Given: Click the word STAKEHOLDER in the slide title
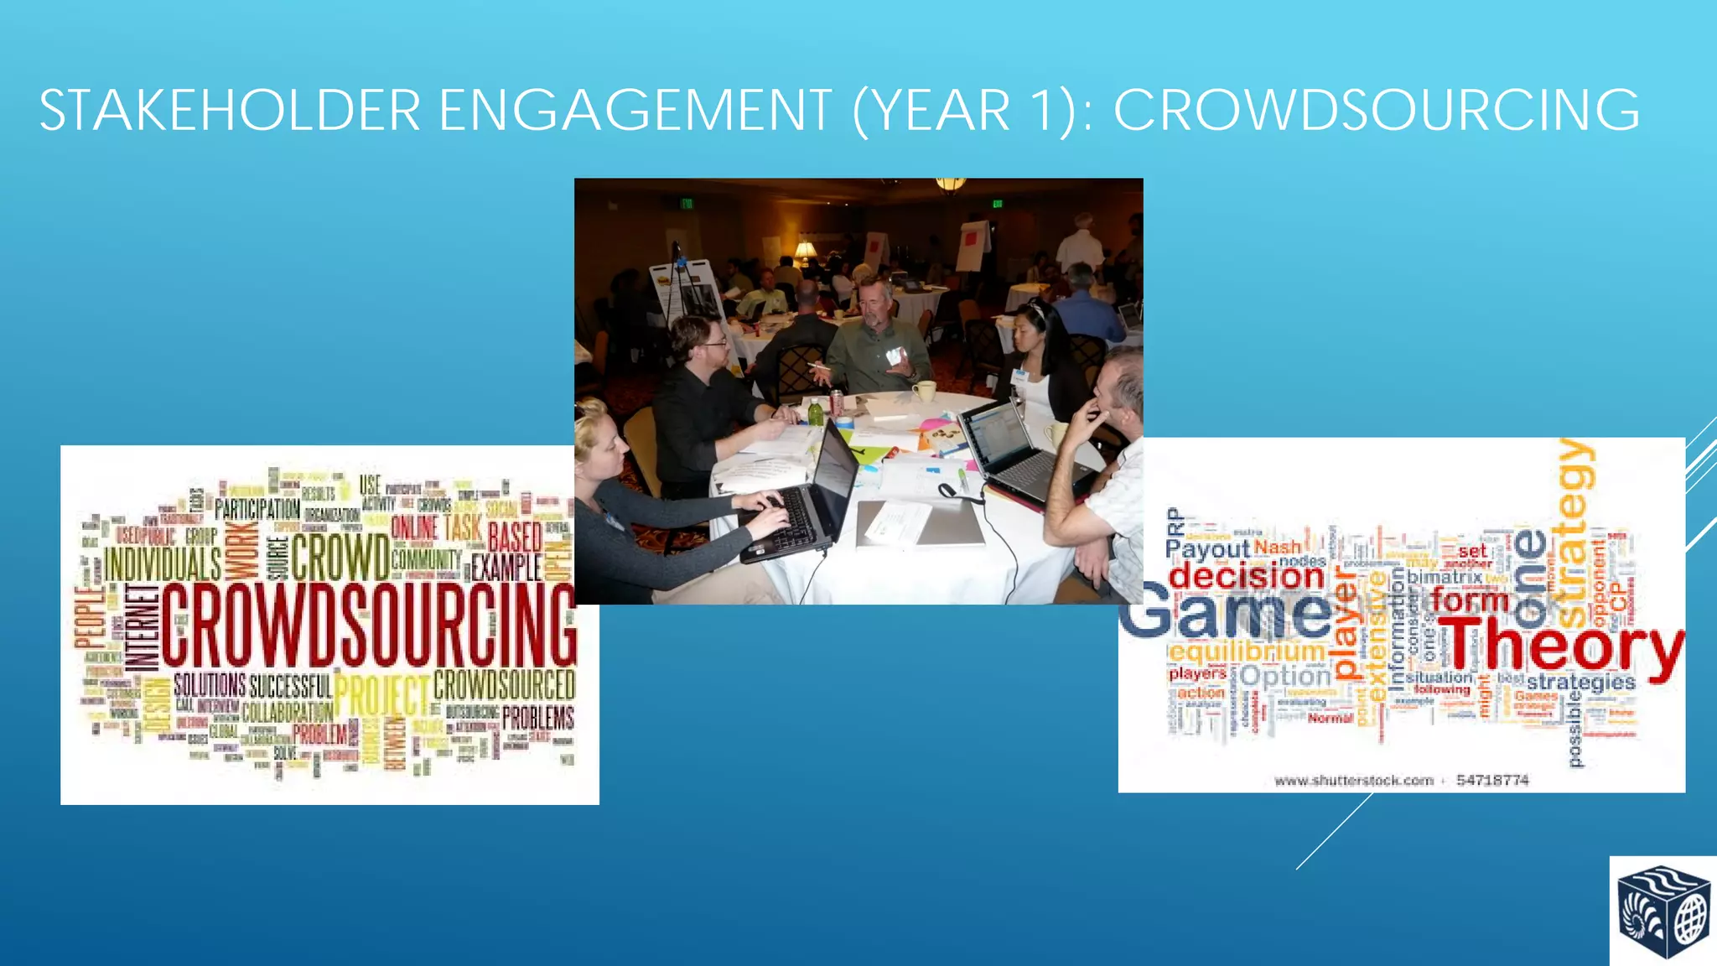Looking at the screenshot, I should pyautogui.click(x=229, y=111).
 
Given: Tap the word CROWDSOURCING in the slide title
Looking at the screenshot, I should pyautogui.click(x=1376, y=111).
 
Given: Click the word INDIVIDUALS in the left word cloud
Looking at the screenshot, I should pyautogui.click(x=163, y=563).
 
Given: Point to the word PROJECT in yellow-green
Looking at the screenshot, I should pyautogui.click(x=381, y=695).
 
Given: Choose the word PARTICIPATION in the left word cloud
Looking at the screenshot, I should pyautogui.click(x=257, y=508).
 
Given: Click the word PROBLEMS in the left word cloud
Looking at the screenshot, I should pyautogui.click(x=537, y=718).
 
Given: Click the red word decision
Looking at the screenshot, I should pyautogui.click(x=1246, y=577).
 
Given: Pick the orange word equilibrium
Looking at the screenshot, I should pyautogui.click(x=1248, y=652).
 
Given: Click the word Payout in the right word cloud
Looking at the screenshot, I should pyautogui.click(x=1207, y=549).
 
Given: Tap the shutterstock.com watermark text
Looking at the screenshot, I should pyautogui.click(x=1353, y=780).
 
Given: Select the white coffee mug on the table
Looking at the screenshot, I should pyautogui.click(x=923, y=391).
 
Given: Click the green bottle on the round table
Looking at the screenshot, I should pyautogui.click(x=814, y=412).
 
